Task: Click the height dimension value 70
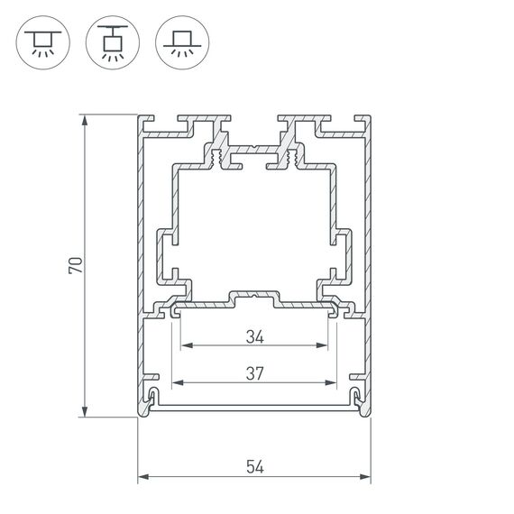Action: (x=78, y=265)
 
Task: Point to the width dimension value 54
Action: (x=254, y=466)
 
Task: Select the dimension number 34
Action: (x=254, y=337)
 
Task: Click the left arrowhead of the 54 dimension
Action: (x=142, y=477)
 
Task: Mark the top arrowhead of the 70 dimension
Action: (x=85, y=120)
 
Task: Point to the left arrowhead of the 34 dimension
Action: (x=185, y=345)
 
